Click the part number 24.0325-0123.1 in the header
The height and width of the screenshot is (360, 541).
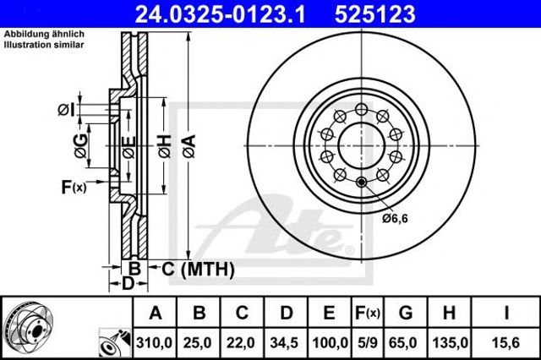point(220,14)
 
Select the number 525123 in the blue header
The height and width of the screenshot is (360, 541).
point(375,14)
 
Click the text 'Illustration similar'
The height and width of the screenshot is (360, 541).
point(44,45)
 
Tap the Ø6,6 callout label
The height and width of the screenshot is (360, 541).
point(395,218)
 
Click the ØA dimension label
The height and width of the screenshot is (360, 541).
point(189,146)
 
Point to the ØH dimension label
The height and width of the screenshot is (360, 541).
point(165,146)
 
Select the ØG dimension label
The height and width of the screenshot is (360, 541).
point(81,146)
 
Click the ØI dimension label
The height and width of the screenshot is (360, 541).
point(66,111)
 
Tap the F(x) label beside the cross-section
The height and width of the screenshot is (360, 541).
point(74,188)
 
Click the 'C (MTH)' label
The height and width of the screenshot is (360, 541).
point(198,269)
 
